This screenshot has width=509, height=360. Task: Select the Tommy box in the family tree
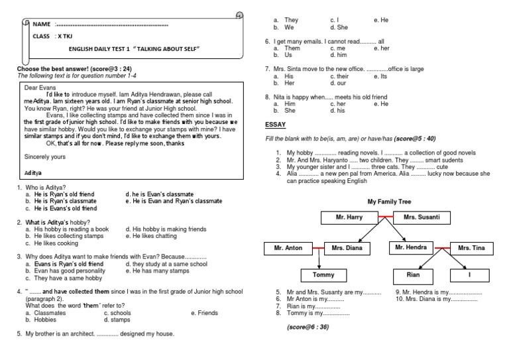pyautogui.click(x=323, y=274)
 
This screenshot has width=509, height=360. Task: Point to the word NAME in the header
pyautogui.click(x=42, y=25)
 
